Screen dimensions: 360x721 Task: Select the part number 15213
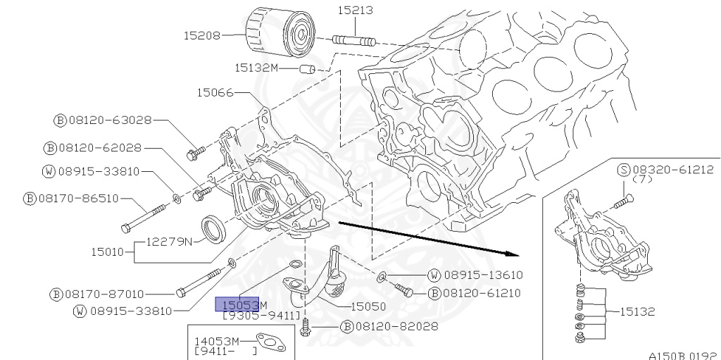tap(355, 11)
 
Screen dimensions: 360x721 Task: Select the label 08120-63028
tap(109, 120)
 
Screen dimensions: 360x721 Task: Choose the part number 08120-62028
tap(99, 148)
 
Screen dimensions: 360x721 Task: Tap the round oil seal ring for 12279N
tap(215, 230)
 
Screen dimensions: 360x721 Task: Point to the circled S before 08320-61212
tap(623, 170)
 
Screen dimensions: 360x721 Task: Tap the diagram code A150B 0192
tap(682, 355)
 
